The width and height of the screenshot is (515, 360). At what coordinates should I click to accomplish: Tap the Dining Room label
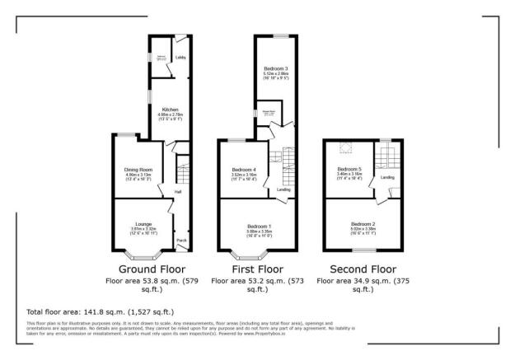[x=138, y=170]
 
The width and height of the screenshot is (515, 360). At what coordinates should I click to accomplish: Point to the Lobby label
[x=180, y=58]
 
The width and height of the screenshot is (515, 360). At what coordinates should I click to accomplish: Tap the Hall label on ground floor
[x=177, y=194]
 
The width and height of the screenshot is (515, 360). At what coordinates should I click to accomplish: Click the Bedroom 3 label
[x=276, y=68]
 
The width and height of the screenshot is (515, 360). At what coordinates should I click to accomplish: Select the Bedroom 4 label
[x=243, y=170]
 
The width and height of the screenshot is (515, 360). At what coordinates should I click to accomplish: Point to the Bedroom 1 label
[x=259, y=224]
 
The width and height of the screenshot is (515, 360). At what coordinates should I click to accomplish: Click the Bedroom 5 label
[x=349, y=170]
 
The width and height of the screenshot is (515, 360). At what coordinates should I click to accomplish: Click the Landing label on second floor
[x=387, y=176]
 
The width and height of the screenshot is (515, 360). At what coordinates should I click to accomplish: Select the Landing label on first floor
[x=283, y=189]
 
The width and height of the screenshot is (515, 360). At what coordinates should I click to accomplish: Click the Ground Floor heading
[x=152, y=269]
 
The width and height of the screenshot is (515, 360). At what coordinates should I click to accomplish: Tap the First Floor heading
[x=258, y=269]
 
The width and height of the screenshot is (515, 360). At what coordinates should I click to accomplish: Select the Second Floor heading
[x=363, y=269]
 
